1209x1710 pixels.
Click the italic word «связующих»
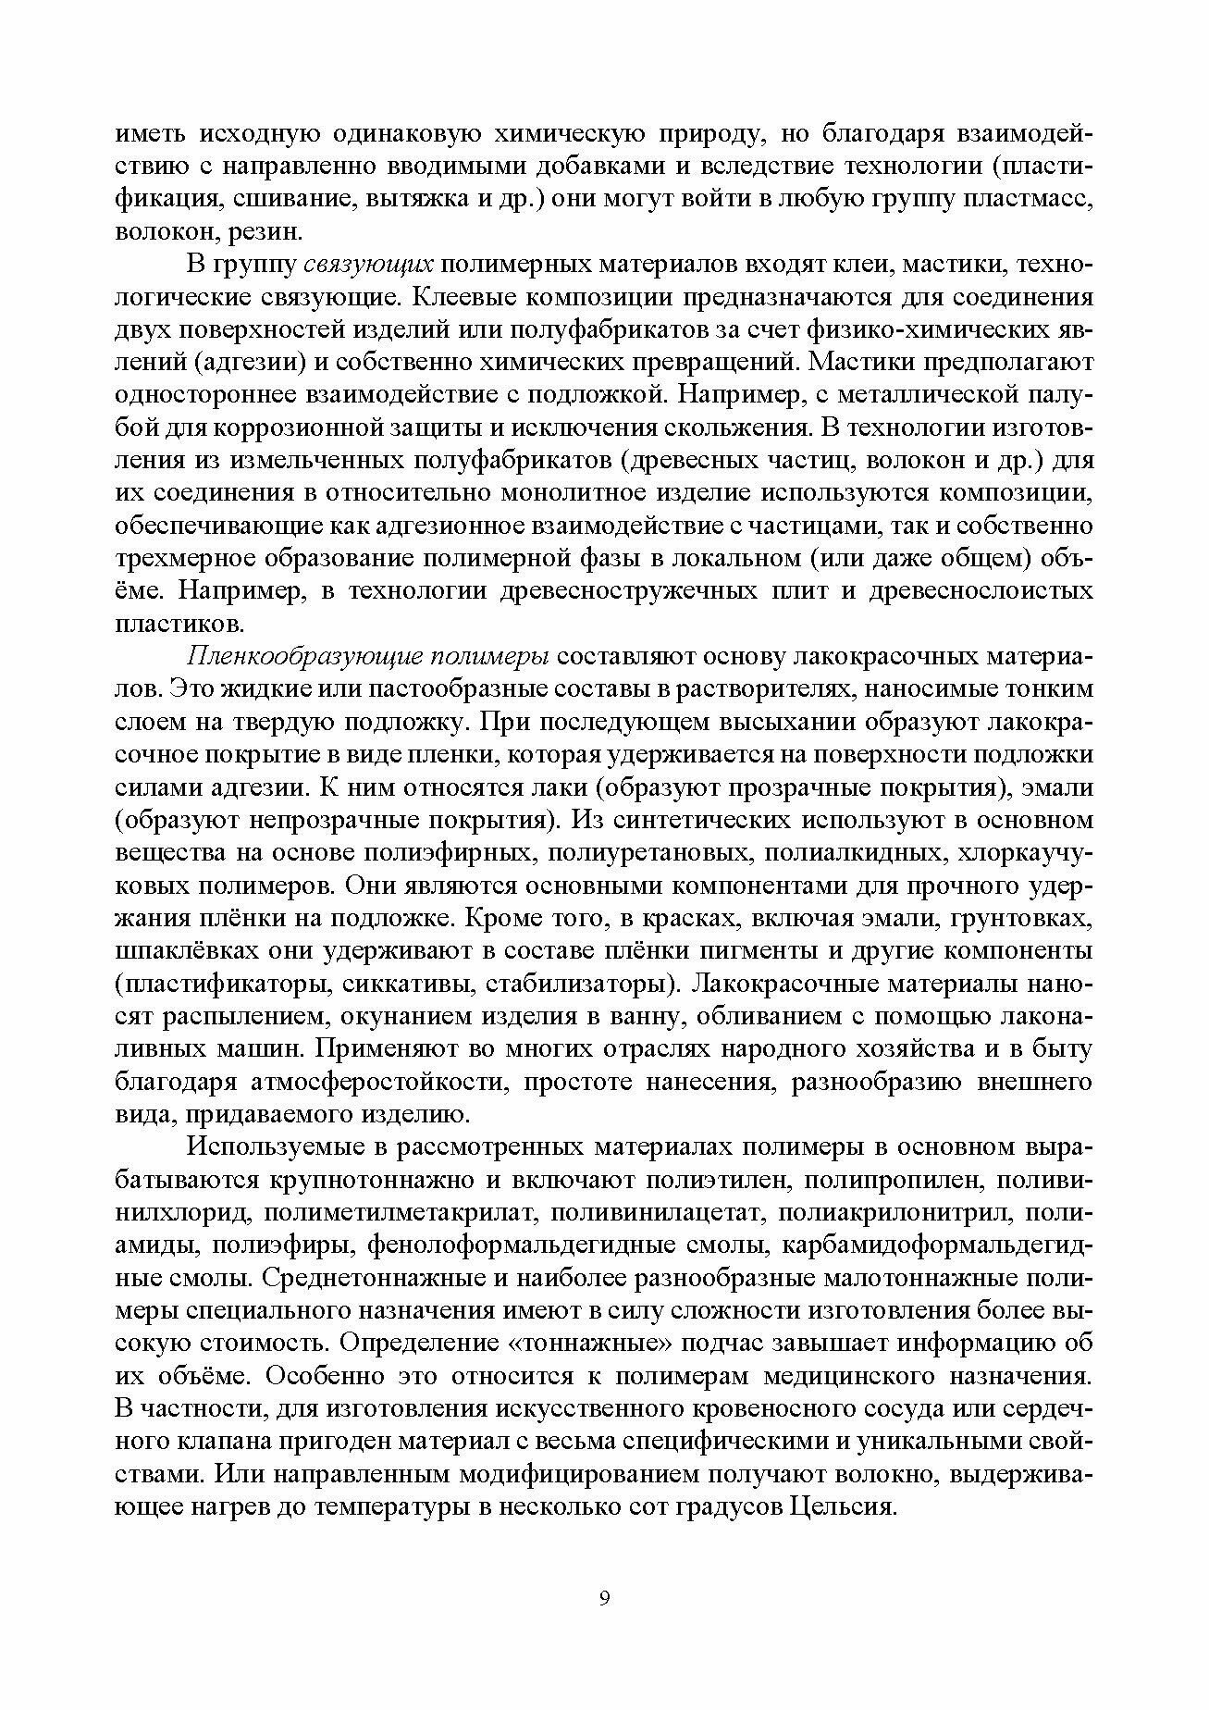click(x=369, y=265)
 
